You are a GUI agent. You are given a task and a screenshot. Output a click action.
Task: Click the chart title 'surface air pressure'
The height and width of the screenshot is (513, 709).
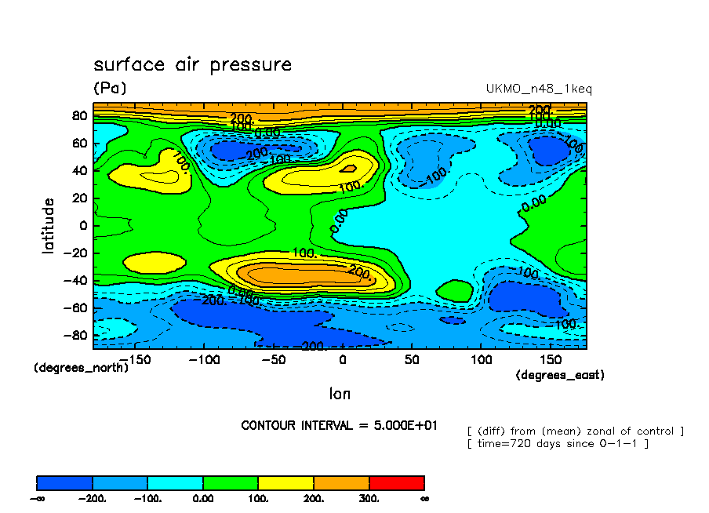(x=192, y=65)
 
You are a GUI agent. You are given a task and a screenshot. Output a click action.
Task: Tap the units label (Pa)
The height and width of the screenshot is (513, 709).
(x=110, y=88)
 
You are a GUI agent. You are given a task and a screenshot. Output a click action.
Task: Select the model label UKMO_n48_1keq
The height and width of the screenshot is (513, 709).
(x=539, y=89)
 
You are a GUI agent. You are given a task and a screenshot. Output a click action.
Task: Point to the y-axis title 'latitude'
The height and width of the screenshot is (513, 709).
(x=49, y=225)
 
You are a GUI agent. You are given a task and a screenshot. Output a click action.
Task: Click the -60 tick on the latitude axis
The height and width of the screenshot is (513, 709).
(x=75, y=308)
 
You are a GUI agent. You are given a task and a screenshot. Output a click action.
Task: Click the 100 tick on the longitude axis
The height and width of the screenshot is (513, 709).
(x=481, y=359)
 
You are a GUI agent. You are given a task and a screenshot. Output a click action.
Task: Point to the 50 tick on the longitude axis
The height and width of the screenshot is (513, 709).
(x=412, y=359)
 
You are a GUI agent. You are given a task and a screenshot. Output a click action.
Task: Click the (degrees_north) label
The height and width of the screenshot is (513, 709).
(x=81, y=367)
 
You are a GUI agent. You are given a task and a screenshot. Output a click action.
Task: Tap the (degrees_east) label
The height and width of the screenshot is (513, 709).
(x=560, y=375)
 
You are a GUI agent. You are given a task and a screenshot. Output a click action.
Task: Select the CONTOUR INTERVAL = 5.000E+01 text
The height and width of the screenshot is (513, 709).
(x=340, y=426)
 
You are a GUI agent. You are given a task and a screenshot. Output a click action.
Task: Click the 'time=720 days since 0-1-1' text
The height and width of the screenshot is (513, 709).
(x=558, y=444)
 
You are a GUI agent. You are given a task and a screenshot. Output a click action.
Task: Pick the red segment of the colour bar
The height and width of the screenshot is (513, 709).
(x=396, y=482)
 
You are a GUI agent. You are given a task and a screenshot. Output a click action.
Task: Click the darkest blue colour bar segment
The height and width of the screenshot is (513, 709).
(x=64, y=482)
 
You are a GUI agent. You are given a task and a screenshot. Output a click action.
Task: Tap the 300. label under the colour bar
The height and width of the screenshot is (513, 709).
(x=369, y=499)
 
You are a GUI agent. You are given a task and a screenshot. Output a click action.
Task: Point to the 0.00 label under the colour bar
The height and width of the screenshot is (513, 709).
(x=203, y=499)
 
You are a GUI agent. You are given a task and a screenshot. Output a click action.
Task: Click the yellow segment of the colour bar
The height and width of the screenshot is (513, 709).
(x=285, y=482)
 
